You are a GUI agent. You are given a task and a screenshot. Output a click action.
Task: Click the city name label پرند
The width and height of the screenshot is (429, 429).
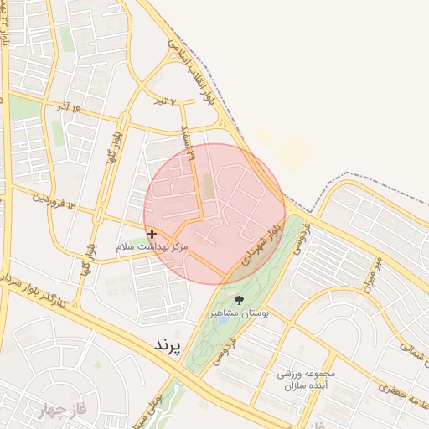point(168,344)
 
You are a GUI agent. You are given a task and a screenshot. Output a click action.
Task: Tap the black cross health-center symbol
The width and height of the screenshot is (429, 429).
point(151,235)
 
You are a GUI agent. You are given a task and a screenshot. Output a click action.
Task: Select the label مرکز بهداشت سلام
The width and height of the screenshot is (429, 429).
point(152,248)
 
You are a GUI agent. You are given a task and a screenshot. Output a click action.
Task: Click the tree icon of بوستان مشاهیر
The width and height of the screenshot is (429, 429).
point(240,299)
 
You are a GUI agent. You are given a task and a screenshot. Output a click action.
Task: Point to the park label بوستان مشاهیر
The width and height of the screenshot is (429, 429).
point(240,312)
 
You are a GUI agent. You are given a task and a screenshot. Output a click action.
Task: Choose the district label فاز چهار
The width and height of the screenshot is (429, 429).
point(62,411)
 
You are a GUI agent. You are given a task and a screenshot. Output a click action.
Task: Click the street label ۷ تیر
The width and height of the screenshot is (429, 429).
point(167,101)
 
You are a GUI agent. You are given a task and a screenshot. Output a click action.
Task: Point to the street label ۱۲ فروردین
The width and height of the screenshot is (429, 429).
point(54,200)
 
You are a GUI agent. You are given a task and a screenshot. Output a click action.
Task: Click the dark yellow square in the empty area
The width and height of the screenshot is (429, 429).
point(295,151)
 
